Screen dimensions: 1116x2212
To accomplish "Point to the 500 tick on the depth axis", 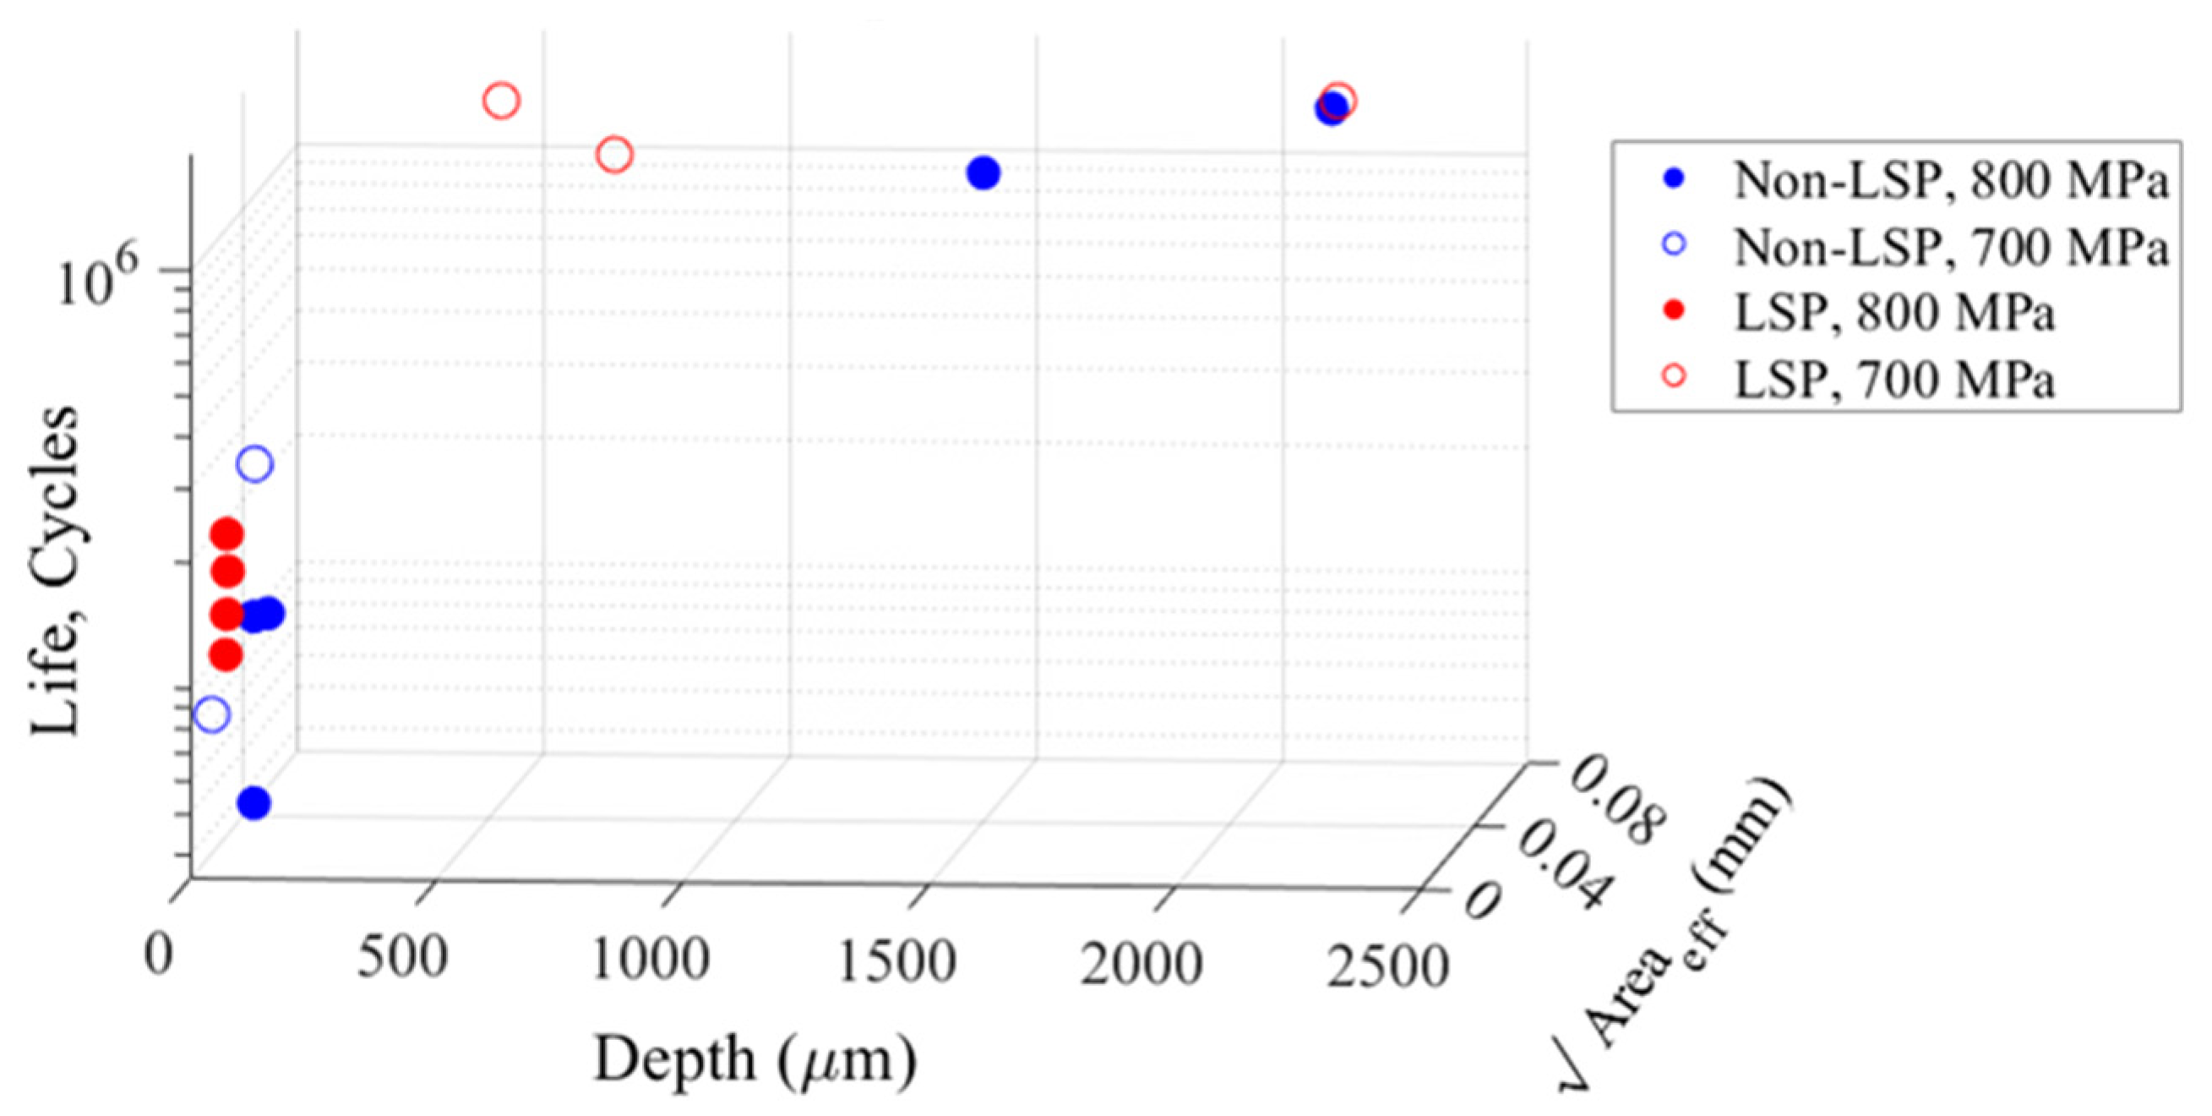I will click(403, 957).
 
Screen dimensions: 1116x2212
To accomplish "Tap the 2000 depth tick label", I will click(1141, 964).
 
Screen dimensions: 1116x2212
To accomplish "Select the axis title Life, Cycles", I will click(55, 571).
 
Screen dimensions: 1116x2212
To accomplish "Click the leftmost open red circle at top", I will click(502, 101).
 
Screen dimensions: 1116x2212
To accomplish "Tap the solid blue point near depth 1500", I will click(983, 172).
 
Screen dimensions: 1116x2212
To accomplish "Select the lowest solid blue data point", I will click(254, 803).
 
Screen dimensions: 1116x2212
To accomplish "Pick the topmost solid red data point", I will click(227, 534).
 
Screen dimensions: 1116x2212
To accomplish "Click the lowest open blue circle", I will click(211, 714).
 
